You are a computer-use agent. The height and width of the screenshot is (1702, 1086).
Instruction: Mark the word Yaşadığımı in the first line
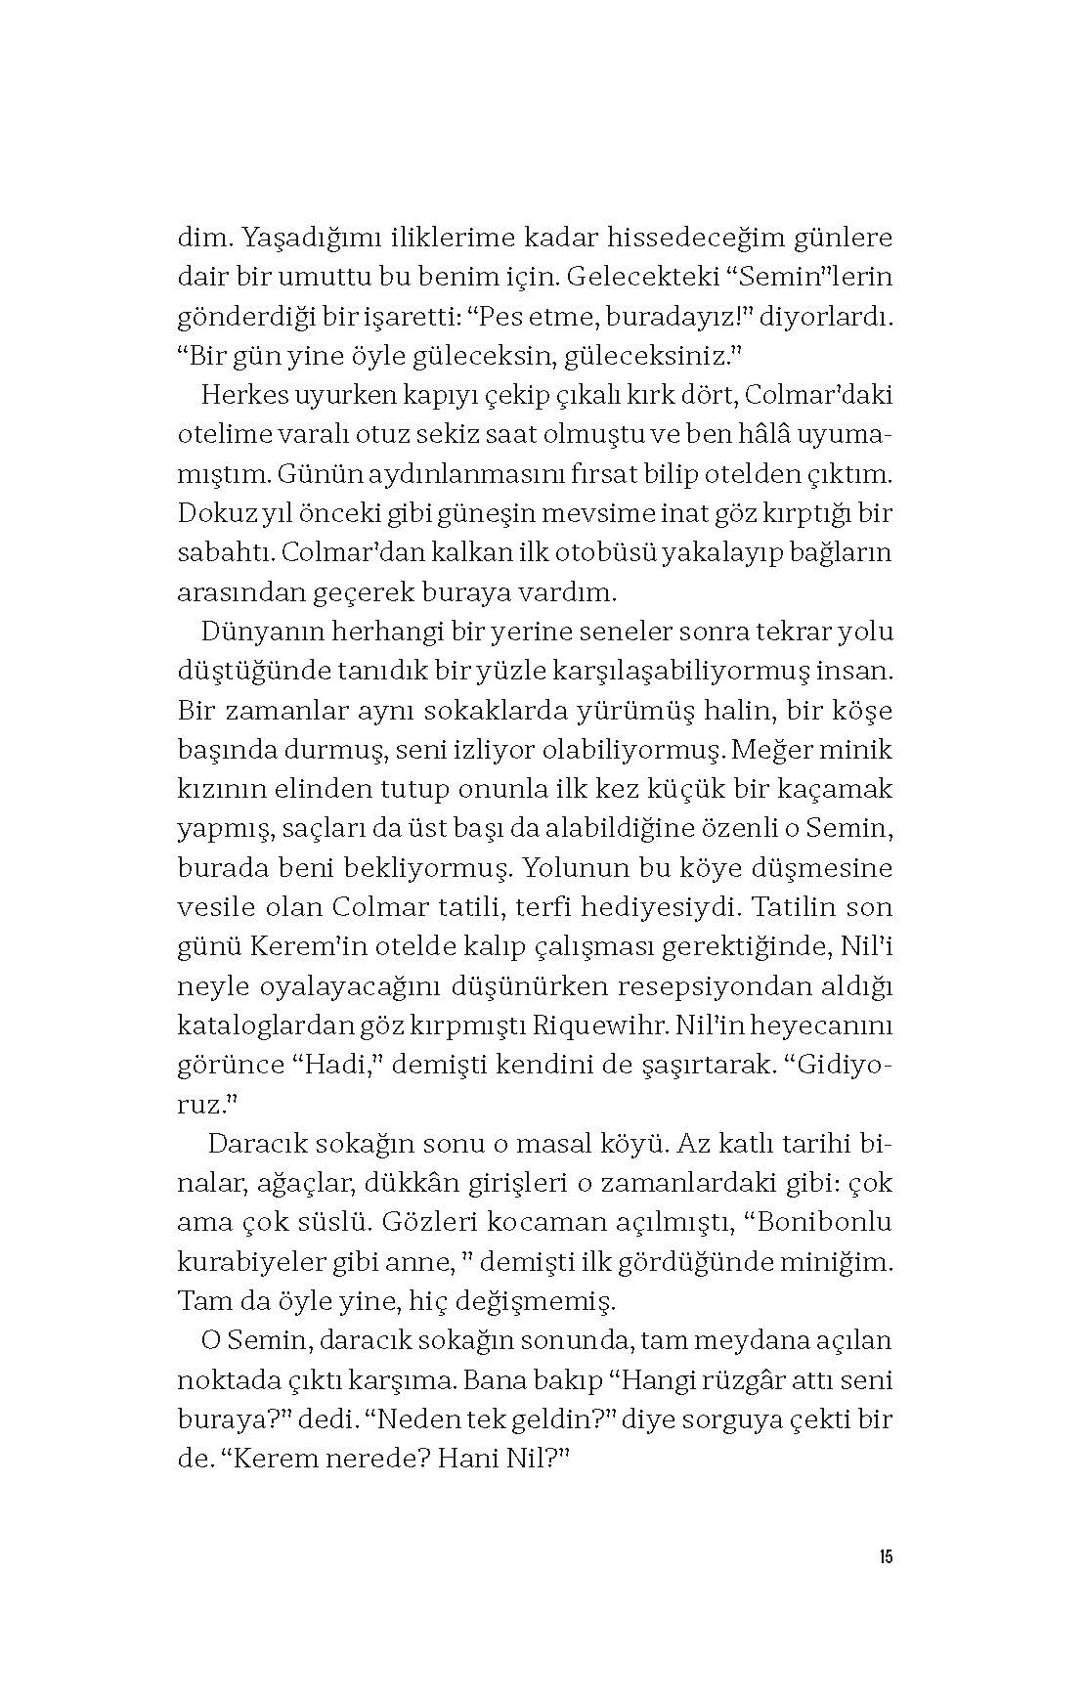click(x=320, y=238)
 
